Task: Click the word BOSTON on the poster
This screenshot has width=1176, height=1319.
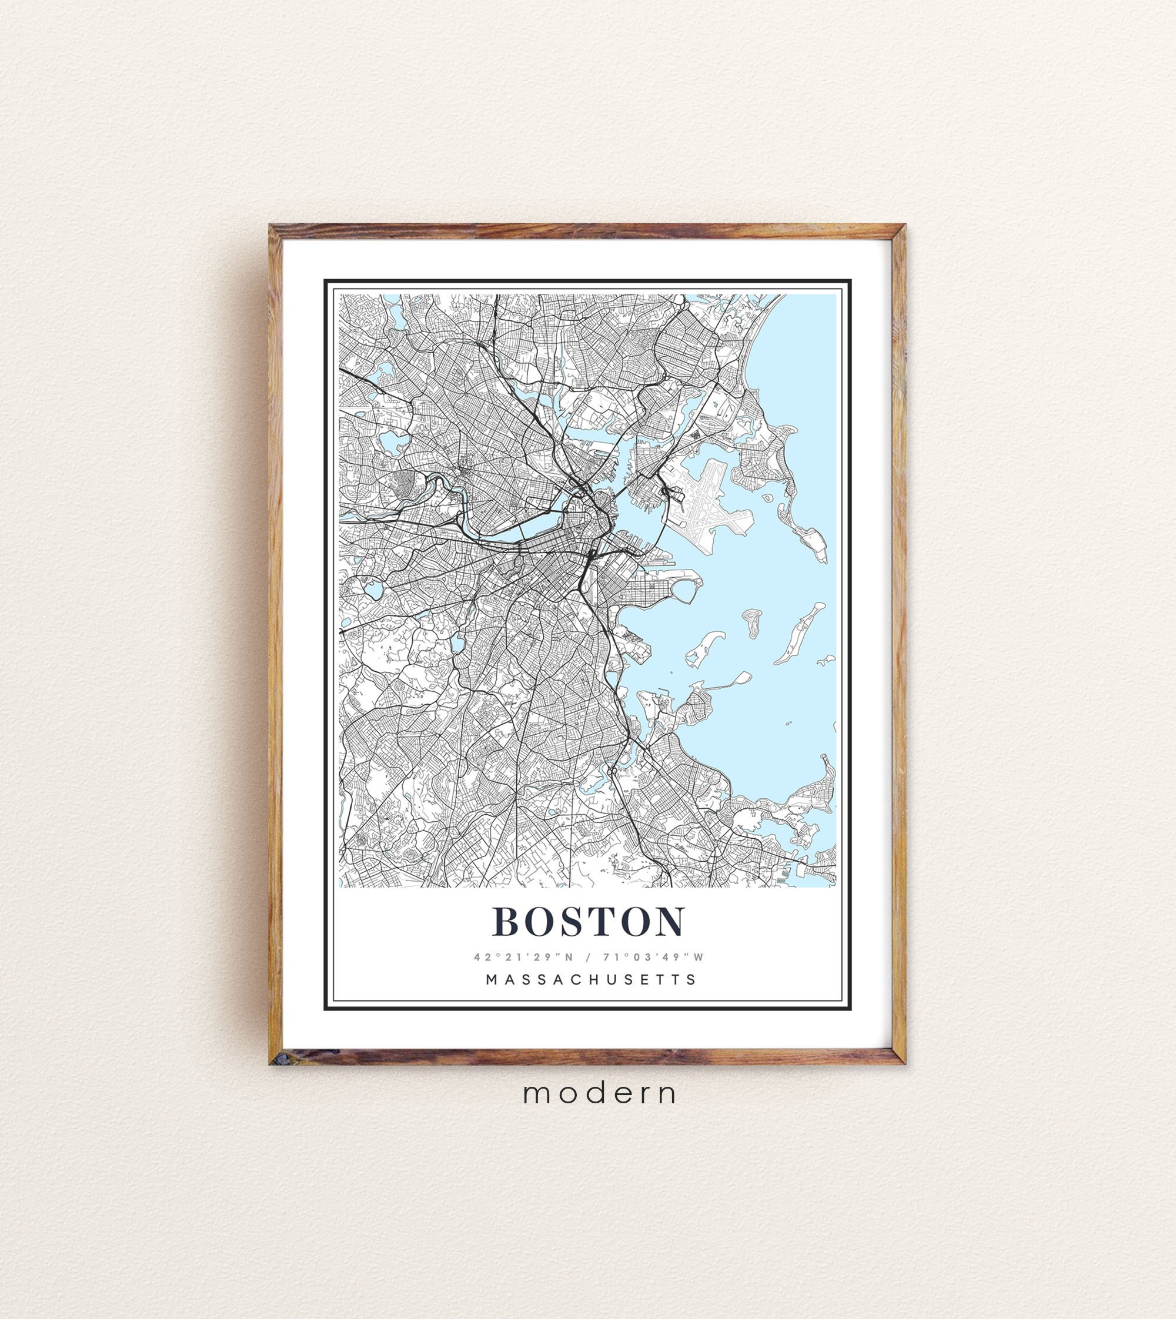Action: (588, 921)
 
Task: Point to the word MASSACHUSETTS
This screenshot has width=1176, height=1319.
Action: (590, 980)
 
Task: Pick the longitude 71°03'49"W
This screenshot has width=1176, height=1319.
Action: (653, 957)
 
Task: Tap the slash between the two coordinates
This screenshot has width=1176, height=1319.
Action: (588, 957)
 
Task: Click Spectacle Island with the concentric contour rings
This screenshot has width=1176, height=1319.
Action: (753, 622)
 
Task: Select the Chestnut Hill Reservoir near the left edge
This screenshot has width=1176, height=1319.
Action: (373, 589)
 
